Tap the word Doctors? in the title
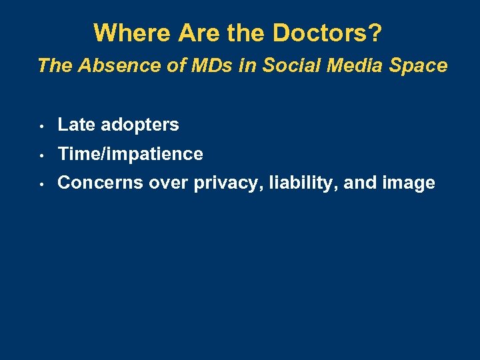tap(336, 33)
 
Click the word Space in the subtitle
tap(420, 65)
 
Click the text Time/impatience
tap(130, 155)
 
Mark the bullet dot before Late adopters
tap(41, 125)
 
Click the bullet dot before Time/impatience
tap(41, 155)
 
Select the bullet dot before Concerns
tap(41, 184)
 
